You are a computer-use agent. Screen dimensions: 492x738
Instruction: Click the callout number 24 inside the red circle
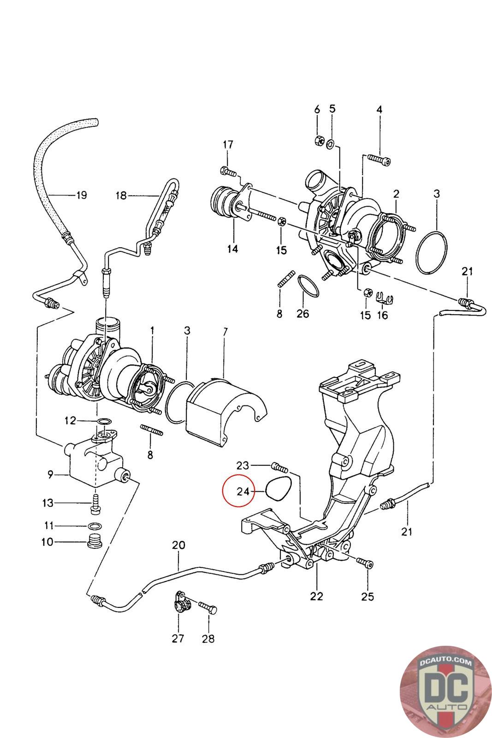243,492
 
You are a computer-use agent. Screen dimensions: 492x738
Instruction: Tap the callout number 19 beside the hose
82,196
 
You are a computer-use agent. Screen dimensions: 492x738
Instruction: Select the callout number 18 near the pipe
121,196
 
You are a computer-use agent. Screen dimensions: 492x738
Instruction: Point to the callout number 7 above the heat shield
225,332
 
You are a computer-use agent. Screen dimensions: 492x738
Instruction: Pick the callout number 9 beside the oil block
50,475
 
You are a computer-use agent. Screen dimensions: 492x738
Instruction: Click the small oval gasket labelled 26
308,286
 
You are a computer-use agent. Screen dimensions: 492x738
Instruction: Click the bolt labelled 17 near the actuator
228,171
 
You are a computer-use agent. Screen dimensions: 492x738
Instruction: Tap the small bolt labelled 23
280,467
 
